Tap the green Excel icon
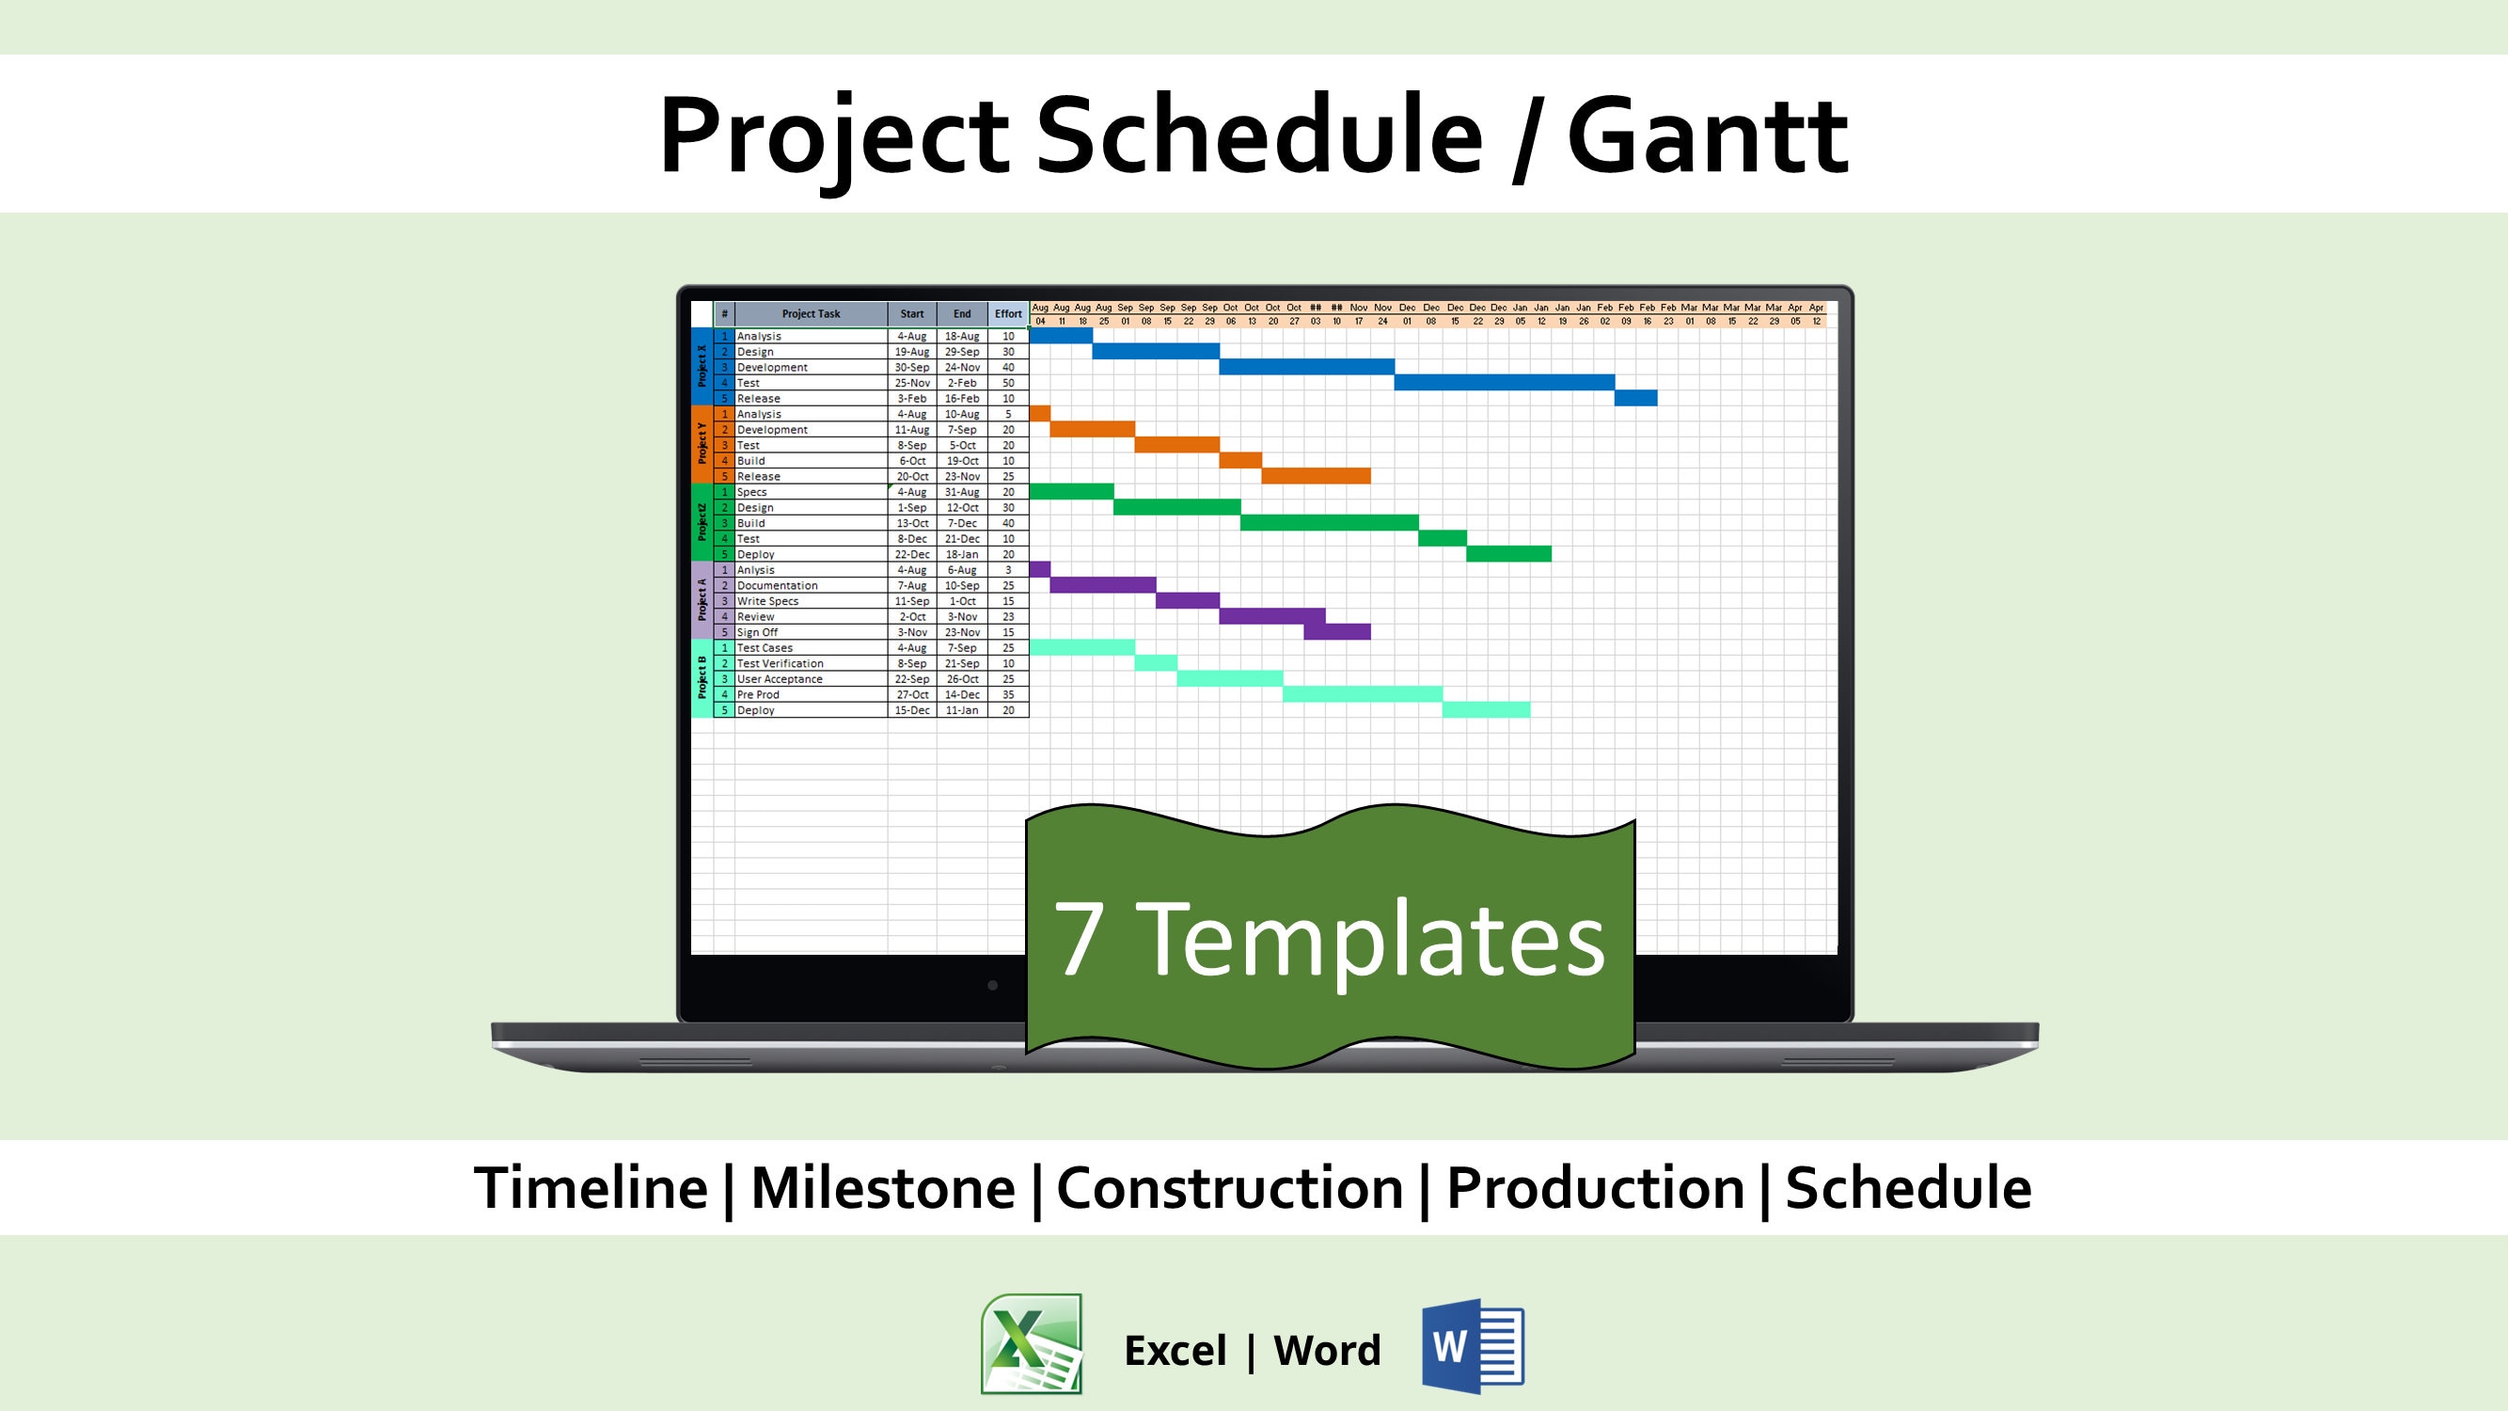pyautogui.click(x=1031, y=1344)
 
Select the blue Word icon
pyautogui.click(x=1472, y=1346)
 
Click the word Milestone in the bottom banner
pyautogui.click(x=882, y=1188)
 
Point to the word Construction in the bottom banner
pyautogui.click(x=1229, y=1188)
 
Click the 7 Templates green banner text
pyautogui.click(x=1329, y=938)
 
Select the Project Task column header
pyautogui.click(x=810, y=313)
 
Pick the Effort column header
pyautogui.click(x=1008, y=313)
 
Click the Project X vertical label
pyautogui.click(x=701, y=366)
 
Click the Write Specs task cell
pyautogui.click(x=767, y=601)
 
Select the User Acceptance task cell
pyautogui.click(x=779, y=679)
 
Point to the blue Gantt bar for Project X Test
pyautogui.click(x=1504, y=383)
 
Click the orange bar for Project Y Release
pyautogui.click(x=1316, y=476)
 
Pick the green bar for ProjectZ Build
pyautogui.click(x=1329, y=523)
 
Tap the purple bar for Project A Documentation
pyautogui.click(x=1102, y=585)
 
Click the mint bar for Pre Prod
pyautogui.click(x=1362, y=694)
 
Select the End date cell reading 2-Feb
pyautogui.click(x=962, y=383)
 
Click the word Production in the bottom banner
pyautogui.click(x=1595, y=1188)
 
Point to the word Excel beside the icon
pyautogui.click(x=1175, y=1351)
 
